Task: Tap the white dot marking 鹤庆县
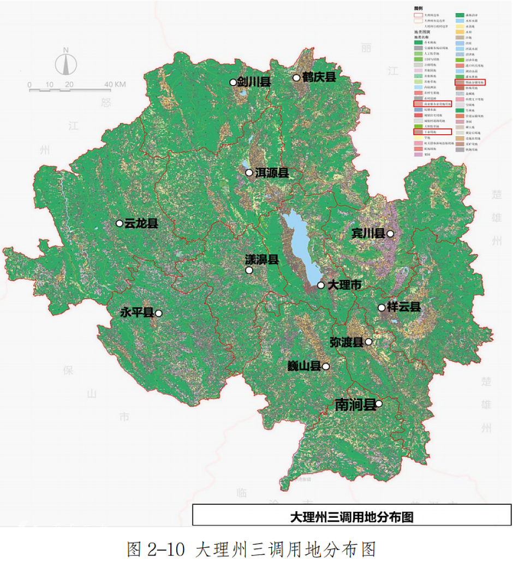[296, 77]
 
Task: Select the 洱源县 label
[272, 173]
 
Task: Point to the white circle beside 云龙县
[120, 223]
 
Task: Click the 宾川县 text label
[368, 234]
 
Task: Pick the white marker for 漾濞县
[249, 270]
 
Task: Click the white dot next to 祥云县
[381, 307]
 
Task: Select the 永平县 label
[137, 313]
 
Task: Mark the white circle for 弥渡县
[368, 342]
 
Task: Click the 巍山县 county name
[304, 366]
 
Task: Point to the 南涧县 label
[355, 404]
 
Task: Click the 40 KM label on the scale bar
[116, 85]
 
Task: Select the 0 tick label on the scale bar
[29, 85]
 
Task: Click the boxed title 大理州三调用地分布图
[351, 516]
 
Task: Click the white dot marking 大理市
[321, 285]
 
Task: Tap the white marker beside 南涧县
[379, 404]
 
